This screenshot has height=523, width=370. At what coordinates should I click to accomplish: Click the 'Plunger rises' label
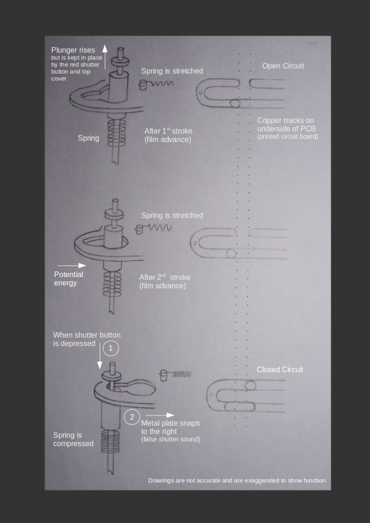coord(73,50)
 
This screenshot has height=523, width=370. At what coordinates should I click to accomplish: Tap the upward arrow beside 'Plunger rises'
coord(105,57)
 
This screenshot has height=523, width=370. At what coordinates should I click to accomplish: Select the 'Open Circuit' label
coord(283,66)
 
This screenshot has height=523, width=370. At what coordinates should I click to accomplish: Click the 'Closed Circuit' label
coord(280,370)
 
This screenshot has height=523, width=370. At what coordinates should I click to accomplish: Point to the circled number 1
coord(111,349)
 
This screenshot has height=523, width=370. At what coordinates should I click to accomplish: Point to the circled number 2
coord(132,417)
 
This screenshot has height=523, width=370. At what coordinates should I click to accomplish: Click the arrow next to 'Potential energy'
coord(72,265)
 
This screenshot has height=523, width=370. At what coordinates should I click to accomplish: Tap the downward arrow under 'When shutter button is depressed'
coord(99,356)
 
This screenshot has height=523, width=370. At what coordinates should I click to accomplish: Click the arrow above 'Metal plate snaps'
coord(160,415)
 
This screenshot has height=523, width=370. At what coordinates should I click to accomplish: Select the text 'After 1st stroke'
coord(168,131)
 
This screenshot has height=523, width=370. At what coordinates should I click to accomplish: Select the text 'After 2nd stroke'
coord(165,278)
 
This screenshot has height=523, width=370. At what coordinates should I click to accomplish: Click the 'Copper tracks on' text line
coord(285,121)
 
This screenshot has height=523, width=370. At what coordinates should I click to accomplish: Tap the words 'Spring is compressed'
coord(73,439)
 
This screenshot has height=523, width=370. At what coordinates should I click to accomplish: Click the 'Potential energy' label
coord(68,279)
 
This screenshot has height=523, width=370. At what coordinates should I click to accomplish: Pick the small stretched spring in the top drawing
coord(156,84)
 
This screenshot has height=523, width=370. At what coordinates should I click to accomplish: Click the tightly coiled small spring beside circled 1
coord(175,375)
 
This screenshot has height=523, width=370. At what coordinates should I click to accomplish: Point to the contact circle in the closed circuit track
coord(250,385)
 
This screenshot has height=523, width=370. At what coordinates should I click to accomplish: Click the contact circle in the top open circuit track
coord(235,103)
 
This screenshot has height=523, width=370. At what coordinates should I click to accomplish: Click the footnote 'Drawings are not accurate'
coord(237,481)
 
